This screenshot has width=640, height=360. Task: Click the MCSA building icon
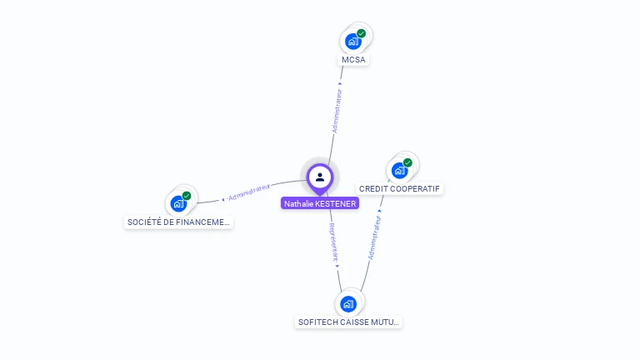click(353, 41)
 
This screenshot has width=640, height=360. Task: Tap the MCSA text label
click(353, 60)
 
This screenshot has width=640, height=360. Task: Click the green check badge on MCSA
click(362, 33)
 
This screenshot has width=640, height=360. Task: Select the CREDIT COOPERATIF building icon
click(400, 170)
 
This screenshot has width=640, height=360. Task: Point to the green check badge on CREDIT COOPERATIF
click(407, 162)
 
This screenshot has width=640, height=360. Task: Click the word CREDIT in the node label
click(374, 189)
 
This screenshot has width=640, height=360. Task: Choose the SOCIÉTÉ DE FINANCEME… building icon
click(179, 202)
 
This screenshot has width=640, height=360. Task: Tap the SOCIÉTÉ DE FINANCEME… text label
click(178, 222)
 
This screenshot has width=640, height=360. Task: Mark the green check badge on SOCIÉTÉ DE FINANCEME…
click(187, 196)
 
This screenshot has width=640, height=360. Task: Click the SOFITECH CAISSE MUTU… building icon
click(349, 303)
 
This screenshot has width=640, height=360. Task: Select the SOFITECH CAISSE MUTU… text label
click(349, 322)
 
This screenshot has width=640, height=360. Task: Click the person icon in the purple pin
click(320, 177)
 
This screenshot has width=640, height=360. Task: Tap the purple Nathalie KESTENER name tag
click(320, 203)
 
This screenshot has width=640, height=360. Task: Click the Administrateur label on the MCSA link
click(337, 112)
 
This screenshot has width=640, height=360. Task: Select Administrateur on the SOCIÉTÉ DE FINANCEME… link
click(249, 192)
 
